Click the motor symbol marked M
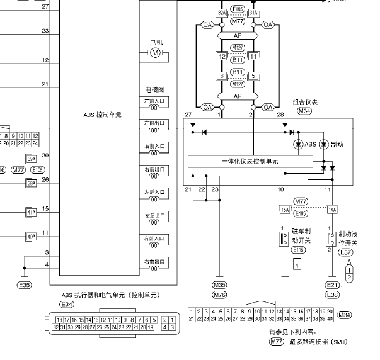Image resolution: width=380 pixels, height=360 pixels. coord(155,54)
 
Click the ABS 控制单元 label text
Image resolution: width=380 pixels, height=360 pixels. coord(102,115)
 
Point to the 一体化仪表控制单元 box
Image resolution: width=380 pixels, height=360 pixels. coord(250,161)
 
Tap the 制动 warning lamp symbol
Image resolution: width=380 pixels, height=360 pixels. coord(324,144)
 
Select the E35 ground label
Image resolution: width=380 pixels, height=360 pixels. coord(24,285)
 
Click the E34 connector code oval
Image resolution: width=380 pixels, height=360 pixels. coord(66,305)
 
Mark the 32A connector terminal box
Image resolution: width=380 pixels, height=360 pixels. coord(221,12)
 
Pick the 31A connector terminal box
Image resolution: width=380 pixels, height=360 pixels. coord(253,12)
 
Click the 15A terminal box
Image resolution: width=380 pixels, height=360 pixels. coord(285,210)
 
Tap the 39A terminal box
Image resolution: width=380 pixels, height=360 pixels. coord(31,159)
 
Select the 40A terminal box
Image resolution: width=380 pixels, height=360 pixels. coord(31,237)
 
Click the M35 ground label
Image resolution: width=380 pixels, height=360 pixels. coord(219,285)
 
